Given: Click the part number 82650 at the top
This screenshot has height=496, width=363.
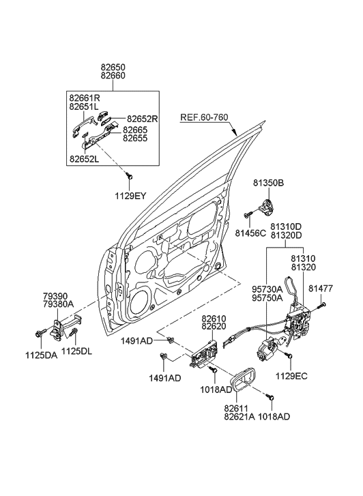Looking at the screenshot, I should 113,68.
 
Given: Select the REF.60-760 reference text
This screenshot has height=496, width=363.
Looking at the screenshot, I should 204,117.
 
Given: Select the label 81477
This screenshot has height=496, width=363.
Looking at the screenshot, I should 319,289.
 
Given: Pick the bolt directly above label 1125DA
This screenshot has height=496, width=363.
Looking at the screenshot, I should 37,334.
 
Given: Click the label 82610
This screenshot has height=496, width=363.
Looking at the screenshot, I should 214,319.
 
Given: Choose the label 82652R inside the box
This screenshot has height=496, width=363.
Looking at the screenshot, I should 141,119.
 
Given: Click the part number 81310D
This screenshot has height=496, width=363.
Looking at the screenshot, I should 285,227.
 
